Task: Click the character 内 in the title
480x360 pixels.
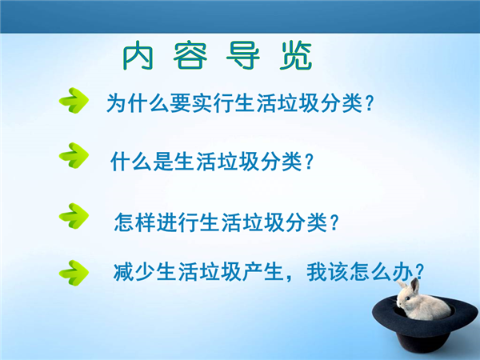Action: coord(138,55)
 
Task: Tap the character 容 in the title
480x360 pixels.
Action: coord(190,55)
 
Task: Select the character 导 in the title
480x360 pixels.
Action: coord(243,55)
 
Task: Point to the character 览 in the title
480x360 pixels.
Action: coord(296,55)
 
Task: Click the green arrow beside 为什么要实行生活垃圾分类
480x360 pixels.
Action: coord(74,101)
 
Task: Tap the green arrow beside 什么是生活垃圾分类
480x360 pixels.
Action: coord(74,155)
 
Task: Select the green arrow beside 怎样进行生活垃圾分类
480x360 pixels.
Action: coord(74,216)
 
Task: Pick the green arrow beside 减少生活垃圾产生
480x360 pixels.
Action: coord(74,273)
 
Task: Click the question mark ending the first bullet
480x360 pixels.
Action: coord(370,103)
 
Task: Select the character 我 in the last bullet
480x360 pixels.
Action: coord(317,272)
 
